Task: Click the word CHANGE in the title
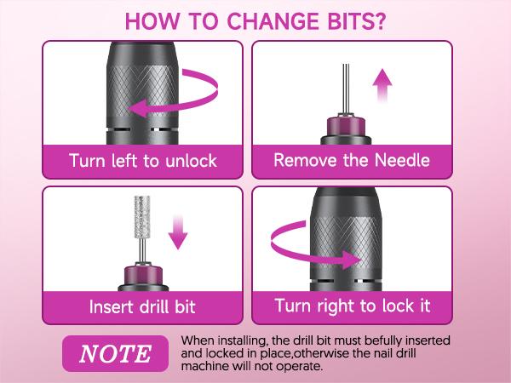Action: pyautogui.click(x=276, y=20)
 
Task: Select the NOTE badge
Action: pyautogui.click(x=112, y=352)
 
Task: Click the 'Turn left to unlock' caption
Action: pyautogui.click(x=143, y=160)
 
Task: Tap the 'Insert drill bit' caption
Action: pyautogui.click(x=143, y=306)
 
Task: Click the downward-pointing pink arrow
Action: pyautogui.click(x=177, y=232)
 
